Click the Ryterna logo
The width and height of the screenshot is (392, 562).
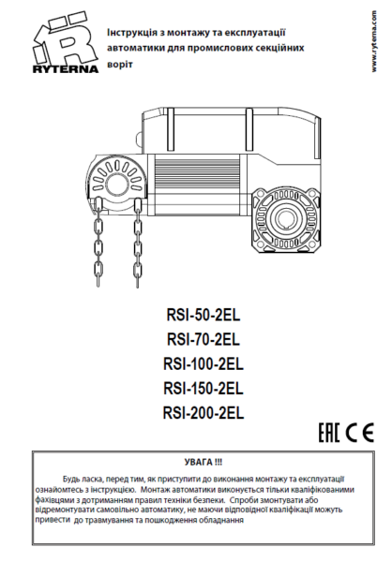[66, 44]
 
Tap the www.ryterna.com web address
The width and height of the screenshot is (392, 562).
[374, 41]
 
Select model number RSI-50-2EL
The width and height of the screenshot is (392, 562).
[204, 315]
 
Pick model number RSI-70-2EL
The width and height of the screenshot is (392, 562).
[204, 339]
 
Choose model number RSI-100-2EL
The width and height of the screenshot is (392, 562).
[204, 363]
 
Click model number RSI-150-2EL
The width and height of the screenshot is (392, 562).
[204, 388]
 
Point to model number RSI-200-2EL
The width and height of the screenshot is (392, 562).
[204, 412]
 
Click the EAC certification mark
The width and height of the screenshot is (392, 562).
[329, 432]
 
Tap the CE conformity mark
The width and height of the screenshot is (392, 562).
[360, 432]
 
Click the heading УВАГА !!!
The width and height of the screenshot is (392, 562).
[204, 462]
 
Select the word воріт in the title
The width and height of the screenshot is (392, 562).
[120, 65]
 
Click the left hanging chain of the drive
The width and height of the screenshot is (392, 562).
[98, 243]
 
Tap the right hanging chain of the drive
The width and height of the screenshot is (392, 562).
[137, 244]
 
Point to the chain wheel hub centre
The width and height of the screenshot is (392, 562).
[116, 184]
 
